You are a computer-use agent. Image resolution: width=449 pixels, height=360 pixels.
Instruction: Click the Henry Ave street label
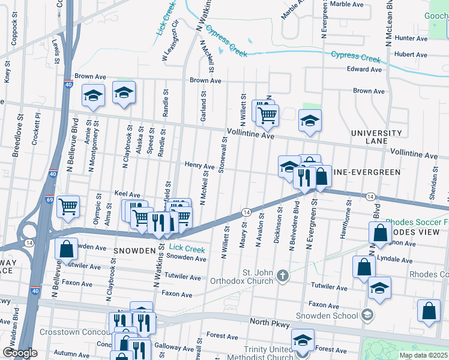[x=199, y=166]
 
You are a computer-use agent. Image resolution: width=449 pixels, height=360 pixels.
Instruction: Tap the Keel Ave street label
[x=127, y=194]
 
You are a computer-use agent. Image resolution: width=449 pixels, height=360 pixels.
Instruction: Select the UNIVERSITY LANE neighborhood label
[x=376, y=137]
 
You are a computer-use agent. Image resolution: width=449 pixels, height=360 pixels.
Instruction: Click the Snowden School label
[x=328, y=316]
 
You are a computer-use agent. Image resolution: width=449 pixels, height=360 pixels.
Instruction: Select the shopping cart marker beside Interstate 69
[x=68, y=206]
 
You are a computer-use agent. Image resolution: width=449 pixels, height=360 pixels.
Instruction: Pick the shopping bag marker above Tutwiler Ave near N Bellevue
[x=66, y=248]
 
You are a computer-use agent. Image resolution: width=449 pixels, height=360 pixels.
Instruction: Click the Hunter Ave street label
[x=411, y=38]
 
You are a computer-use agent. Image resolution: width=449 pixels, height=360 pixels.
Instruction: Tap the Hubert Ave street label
[x=411, y=54]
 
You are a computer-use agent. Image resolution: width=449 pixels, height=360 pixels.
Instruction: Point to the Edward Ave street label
[x=364, y=69]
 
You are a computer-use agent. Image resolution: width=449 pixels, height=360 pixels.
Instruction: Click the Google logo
[x=19, y=353]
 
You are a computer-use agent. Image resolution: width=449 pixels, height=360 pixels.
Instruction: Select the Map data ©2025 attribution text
[x=423, y=355]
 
